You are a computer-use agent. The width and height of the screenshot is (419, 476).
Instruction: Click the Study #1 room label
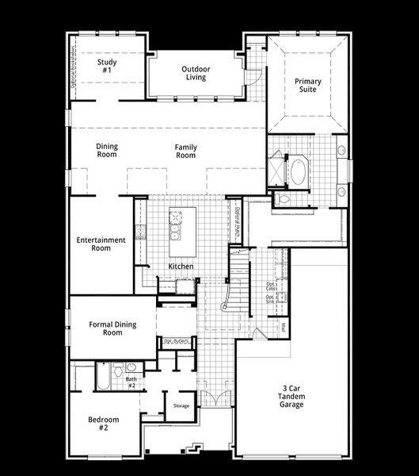coord(107,66)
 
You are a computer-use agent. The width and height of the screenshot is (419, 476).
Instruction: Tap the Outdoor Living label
coord(194,73)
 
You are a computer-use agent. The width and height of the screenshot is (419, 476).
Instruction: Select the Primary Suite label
coord(306,86)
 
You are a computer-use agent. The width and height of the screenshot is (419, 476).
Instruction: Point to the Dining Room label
coord(107,151)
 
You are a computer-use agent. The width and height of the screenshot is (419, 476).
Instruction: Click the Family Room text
coord(185,151)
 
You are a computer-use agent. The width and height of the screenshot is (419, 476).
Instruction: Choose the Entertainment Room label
coord(101,244)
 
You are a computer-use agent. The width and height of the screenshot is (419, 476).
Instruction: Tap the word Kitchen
coord(181,267)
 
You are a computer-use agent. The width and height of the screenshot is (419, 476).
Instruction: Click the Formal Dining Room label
coord(112,328)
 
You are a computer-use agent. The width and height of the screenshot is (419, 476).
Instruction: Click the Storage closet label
coord(181,405)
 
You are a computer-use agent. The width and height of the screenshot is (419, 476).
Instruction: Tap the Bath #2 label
coord(131,382)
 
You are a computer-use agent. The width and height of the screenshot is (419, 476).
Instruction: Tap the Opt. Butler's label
coord(174,341)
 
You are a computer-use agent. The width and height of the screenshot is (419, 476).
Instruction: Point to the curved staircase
coord(235,290)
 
